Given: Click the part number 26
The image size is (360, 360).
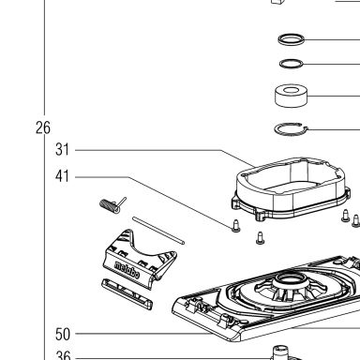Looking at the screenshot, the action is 43,127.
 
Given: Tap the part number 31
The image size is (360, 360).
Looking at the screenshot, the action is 62,150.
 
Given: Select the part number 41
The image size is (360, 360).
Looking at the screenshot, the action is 62,176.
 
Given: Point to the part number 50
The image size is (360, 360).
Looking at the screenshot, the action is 63,335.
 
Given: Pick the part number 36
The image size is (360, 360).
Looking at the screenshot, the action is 63,355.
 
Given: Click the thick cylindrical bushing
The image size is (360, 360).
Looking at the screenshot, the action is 291,96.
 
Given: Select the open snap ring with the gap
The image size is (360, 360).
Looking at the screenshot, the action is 292,129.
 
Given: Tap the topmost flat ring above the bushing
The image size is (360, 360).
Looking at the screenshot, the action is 292,39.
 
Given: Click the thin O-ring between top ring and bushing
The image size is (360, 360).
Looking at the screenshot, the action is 292,64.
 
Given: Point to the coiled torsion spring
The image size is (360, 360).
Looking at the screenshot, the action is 110,205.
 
